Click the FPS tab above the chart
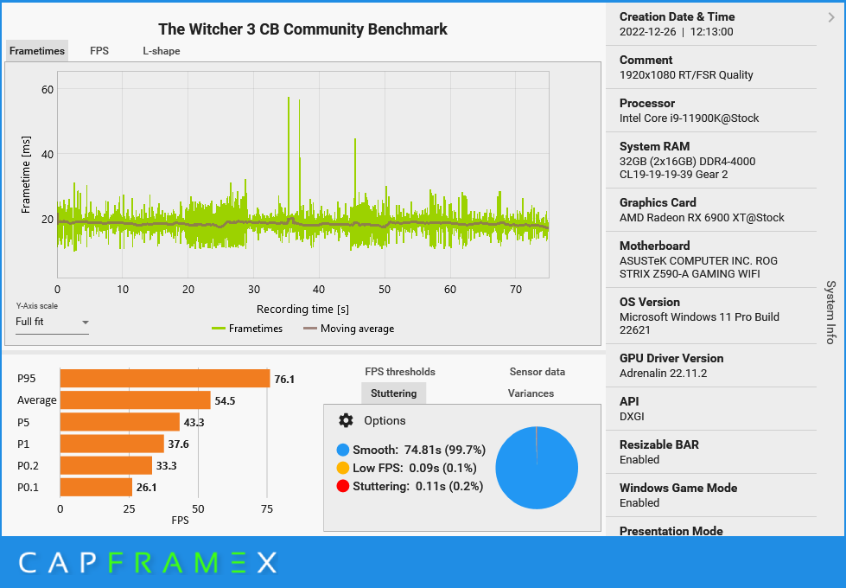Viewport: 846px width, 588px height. [99, 51]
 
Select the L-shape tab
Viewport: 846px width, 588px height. [162, 51]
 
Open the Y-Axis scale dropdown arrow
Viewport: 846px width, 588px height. [85, 323]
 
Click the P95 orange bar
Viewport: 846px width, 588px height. [164, 379]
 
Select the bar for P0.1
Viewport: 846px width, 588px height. [96, 488]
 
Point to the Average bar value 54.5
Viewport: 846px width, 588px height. [225, 401]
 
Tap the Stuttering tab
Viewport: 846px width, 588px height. [393, 393]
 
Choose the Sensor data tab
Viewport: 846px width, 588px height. [537, 372]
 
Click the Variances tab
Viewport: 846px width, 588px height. [531, 393]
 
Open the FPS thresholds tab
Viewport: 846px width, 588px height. [400, 372]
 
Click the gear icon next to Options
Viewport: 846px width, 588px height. [346, 420]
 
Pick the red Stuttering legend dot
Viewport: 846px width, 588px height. [343, 486]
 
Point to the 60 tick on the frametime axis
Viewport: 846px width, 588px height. [47, 89]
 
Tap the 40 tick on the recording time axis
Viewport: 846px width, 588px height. [319, 290]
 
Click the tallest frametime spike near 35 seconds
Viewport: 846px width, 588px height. [289, 99]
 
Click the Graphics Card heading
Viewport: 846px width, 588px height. [658, 202]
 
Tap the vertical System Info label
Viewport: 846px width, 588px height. [830, 311]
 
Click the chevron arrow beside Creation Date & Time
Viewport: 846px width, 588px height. [831, 16]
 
